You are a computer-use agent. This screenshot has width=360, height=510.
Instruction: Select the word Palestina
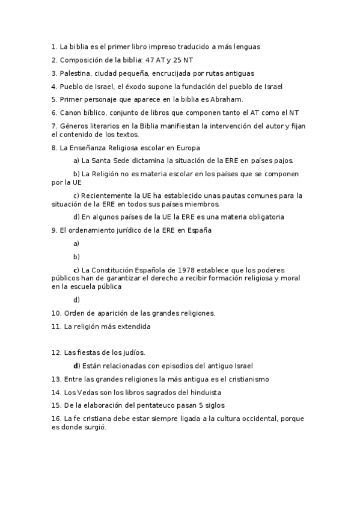(76, 73)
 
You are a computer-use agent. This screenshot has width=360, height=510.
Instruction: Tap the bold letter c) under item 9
(76, 269)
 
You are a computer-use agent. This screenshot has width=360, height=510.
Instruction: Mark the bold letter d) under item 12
(76, 366)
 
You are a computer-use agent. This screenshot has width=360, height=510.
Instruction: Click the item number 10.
(55, 313)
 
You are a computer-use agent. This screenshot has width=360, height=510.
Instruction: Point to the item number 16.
(55, 419)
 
